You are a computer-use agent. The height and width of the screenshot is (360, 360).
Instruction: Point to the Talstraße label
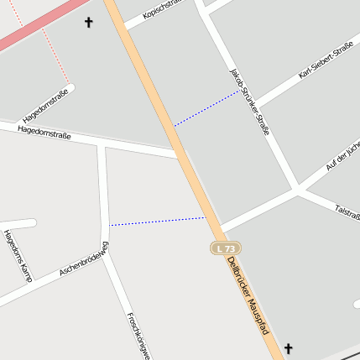coord(347,209)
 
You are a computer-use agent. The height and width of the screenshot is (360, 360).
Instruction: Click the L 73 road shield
coord(223,248)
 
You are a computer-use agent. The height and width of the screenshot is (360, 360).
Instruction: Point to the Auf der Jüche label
coord(342,155)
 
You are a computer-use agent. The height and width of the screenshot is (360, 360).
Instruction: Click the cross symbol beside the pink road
coord(89,23)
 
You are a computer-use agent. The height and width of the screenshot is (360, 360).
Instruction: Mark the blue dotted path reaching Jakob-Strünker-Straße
coord(206,109)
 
